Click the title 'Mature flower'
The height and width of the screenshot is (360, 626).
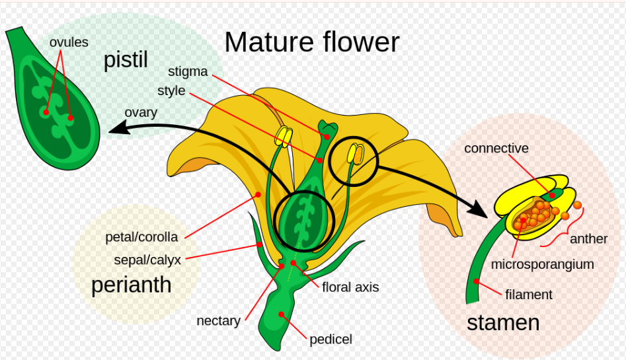pos(312,42)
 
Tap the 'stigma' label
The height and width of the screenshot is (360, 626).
pos(188,71)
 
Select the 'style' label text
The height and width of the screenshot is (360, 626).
pos(171,91)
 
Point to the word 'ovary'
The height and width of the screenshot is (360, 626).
pos(141,112)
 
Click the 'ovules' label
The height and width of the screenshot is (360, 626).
pos(69,42)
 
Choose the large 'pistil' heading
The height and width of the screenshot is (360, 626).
pos(126,60)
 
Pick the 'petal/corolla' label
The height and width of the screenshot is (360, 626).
pos(141,237)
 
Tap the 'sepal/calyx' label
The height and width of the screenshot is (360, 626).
pos(147,260)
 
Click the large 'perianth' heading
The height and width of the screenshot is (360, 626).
pos(132,285)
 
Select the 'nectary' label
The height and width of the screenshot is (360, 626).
pos(218,321)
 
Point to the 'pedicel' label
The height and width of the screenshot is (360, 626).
pos(331,340)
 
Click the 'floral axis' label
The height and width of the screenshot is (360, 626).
pos(350,287)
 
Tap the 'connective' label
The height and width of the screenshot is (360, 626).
pos(496,149)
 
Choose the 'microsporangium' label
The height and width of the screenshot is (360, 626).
pos(542,264)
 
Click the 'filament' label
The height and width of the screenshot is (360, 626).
pos(529,295)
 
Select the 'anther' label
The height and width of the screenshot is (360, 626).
pos(588,239)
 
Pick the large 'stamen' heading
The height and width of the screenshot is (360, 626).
pos(503,323)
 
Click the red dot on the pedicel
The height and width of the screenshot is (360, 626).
pos(282,314)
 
